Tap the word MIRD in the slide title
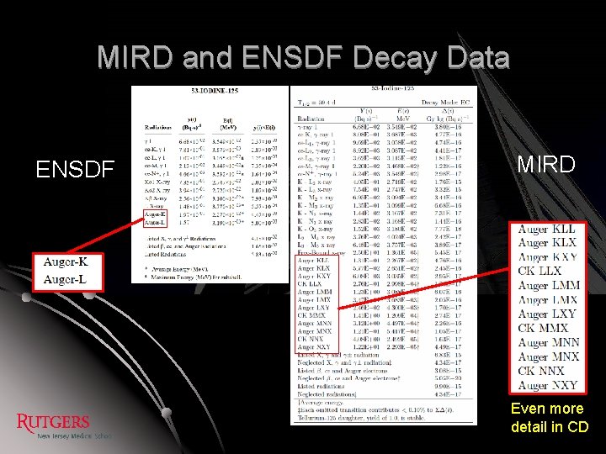coord(135,58)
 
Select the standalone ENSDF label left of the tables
coord(74,170)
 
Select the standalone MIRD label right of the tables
coord(545,164)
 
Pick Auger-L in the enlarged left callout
coord(66,278)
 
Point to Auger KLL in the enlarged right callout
coord(546,229)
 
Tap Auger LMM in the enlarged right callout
coord(548,286)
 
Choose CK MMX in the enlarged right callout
coord(543,328)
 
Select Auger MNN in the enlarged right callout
coord(549,342)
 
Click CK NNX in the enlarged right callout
coord(541,371)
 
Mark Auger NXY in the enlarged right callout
coord(549,385)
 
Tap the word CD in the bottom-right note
coord(577,426)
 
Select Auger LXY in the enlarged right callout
coord(547,314)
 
